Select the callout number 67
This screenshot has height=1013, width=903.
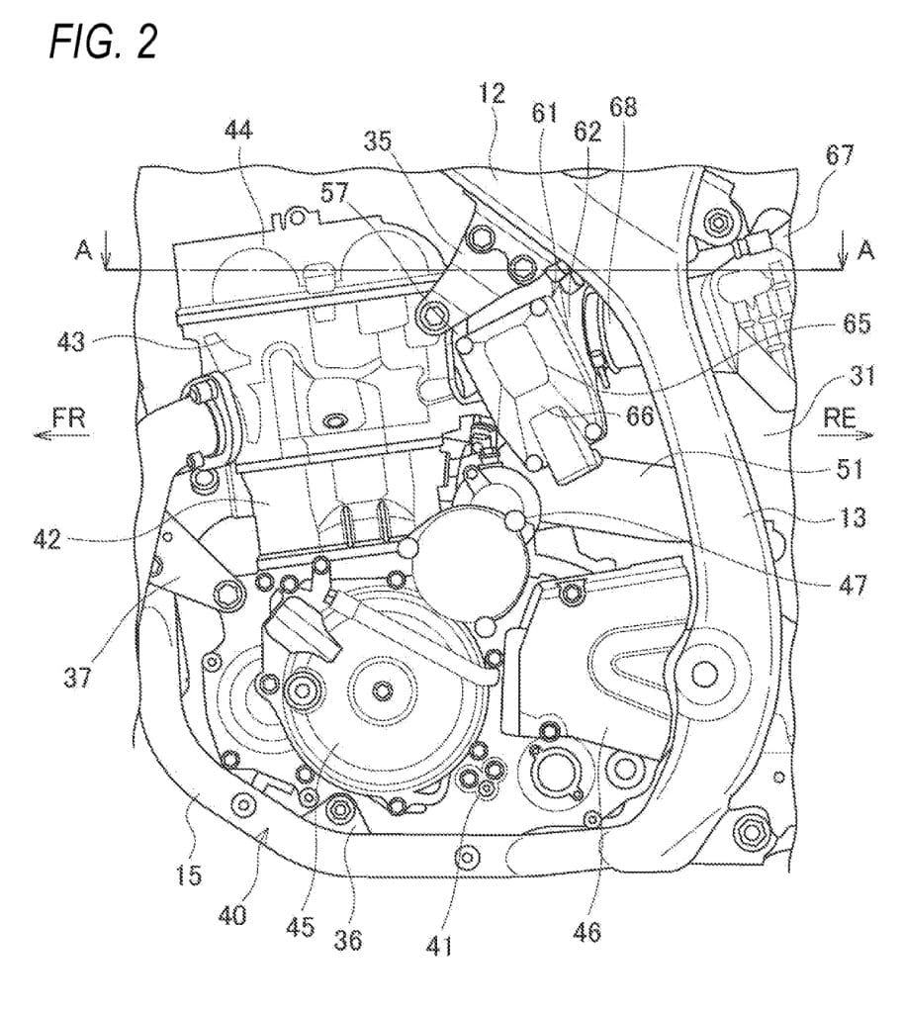pyautogui.click(x=840, y=154)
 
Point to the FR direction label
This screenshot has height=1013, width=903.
pyautogui.click(x=68, y=418)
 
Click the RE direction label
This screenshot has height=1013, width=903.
pyautogui.click(x=842, y=418)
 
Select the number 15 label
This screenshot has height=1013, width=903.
pyautogui.click(x=189, y=875)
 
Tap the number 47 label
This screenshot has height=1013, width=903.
pyautogui.click(x=849, y=586)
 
